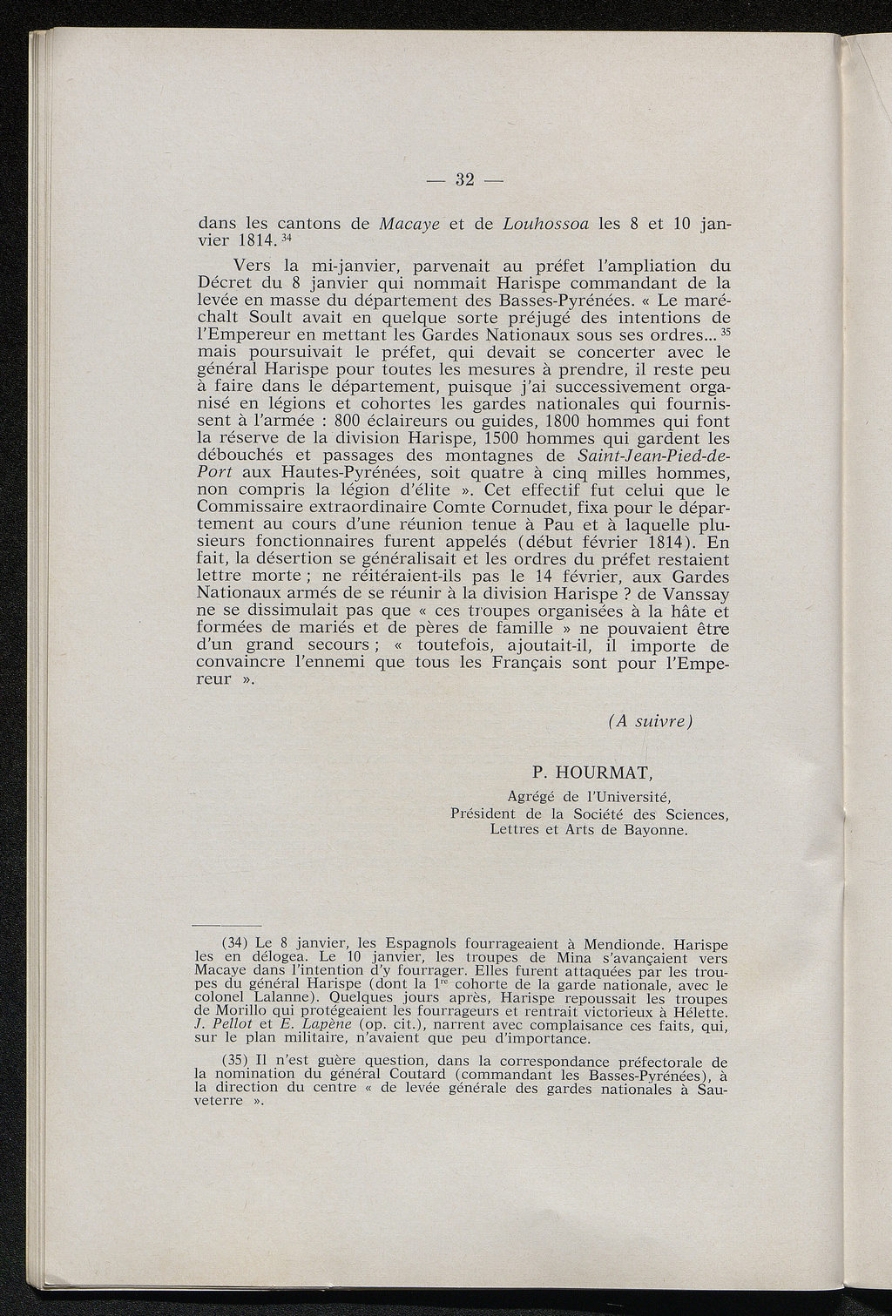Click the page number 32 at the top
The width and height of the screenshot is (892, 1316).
pos(463,180)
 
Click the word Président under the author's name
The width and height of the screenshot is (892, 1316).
pos(489,813)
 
